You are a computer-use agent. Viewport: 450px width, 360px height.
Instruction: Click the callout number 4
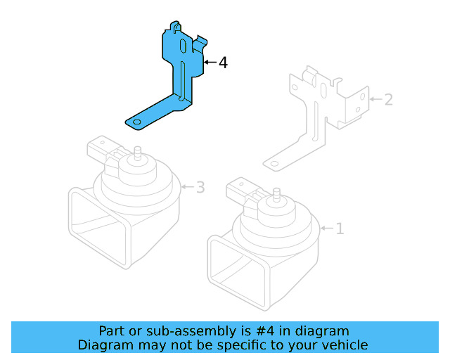tap(223, 63)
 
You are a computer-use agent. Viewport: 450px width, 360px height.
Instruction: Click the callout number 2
tap(387, 99)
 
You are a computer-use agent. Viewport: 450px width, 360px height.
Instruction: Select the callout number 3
tap(200, 187)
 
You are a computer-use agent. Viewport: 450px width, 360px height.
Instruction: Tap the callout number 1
tap(340, 229)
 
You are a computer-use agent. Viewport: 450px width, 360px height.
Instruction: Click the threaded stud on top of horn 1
tap(278, 194)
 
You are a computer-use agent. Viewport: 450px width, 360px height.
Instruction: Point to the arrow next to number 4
tap(209, 63)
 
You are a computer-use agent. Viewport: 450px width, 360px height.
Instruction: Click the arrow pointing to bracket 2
tap(375, 99)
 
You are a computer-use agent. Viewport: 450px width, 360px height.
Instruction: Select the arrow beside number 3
tap(187, 187)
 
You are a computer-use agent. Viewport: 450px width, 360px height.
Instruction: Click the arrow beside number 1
tap(327, 229)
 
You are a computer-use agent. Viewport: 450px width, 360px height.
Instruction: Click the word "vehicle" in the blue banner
tap(345, 345)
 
